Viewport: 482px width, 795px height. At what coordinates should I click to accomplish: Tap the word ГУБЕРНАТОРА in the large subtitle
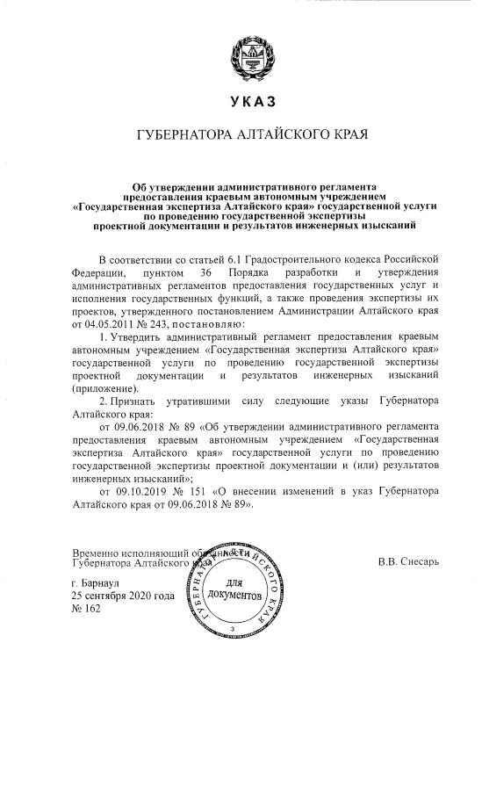pyautogui.click(x=180, y=136)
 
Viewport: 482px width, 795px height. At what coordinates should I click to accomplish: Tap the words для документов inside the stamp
pyautogui.click(x=239, y=589)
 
